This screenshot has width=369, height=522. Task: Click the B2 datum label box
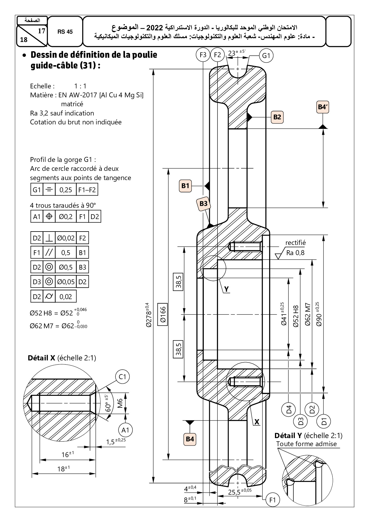click(277, 117)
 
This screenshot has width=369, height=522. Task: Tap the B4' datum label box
click(323, 107)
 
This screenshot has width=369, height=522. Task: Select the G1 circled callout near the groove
click(266, 56)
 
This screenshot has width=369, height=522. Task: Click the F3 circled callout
click(203, 55)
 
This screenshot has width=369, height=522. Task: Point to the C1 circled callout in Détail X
click(122, 377)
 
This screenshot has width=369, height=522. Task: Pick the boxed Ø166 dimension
click(162, 314)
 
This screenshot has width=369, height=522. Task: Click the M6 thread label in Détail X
click(120, 404)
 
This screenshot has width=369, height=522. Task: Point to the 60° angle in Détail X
click(108, 404)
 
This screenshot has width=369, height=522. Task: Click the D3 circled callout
click(301, 421)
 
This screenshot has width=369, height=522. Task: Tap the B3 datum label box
click(203, 204)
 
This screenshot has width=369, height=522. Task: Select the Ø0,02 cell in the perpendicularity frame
click(66, 238)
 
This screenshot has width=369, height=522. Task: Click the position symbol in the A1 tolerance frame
click(49, 216)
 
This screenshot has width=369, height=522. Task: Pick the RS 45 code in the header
click(65, 32)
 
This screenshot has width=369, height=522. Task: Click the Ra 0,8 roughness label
click(295, 253)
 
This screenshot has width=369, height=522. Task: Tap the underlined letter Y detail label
click(226, 289)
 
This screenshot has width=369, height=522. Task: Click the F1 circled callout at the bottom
click(273, 500)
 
